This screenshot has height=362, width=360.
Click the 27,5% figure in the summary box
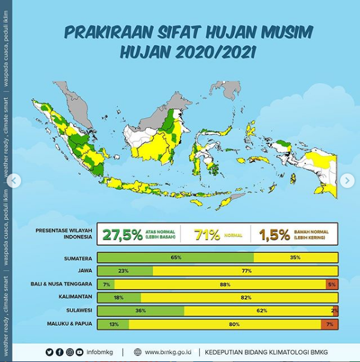[x=122, y=234]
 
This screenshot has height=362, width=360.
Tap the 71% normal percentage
[x=206, y=234]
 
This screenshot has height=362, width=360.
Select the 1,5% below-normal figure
[x=275, y=234]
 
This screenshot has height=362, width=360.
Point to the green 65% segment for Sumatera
[x=175, y=258]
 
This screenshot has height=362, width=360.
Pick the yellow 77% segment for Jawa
[x=246, y=271]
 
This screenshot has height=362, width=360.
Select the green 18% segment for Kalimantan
[x=119, y=298]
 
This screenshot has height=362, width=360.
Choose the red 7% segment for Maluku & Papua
[x=330, y=324]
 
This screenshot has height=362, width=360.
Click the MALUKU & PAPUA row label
[x=69, y=324]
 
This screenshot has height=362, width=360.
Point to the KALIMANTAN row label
[x=75, y=298]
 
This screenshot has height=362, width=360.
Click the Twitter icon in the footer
[x=49, y=352]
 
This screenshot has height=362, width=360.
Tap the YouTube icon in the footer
[x=79, y=352]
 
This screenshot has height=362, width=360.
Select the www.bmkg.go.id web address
[x=167, y=352]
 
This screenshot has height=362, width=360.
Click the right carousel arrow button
[x=347, y=180]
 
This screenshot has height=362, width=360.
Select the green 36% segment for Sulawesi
[x=141, y=311]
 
